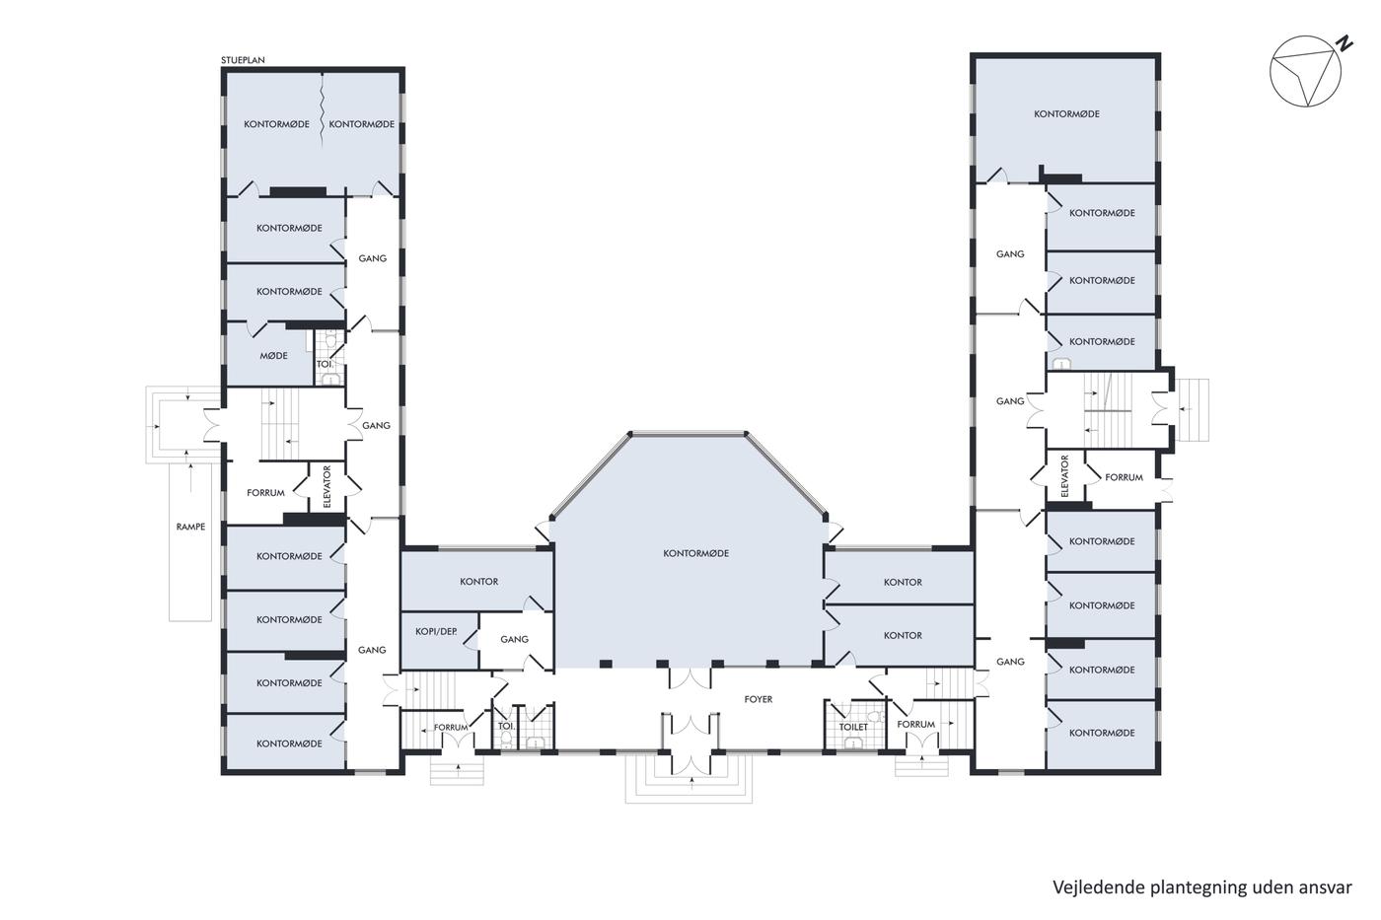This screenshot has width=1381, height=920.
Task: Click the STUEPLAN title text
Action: pyautogui.click(x=243, y=60)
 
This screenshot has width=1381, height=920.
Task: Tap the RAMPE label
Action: pyautogui.click(x=190, y=527)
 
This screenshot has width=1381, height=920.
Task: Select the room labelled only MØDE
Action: pyautogui.click(x=274, y=356)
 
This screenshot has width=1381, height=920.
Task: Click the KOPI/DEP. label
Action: pyautogui.click(x=436, y=632)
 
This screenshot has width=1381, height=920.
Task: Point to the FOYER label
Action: pyautogui.click(x=759, y=699)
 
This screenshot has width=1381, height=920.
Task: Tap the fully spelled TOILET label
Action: pyautogui.click(x=853, y=727)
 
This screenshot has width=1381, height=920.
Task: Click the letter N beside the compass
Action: pyautogui.click(x=1344, y=44)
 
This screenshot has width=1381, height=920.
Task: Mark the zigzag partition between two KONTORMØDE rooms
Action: pyautogui.click(x=322, y=111)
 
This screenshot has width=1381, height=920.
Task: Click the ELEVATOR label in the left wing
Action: pyautogui.click(x=327, y=487)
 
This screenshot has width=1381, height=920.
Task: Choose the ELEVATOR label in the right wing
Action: pyautogui.click(x=1064, y=476)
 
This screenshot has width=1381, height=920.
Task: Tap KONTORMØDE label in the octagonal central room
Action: pyautogui.click(x=696, y=553)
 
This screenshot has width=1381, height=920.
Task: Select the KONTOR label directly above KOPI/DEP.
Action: pyautogui.click(x=479, y=582)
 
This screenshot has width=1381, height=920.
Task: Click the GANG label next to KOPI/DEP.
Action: pyautogui.click(x=514, y=640)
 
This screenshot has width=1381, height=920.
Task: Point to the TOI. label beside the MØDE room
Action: pyautogui.click(x=325, y=364)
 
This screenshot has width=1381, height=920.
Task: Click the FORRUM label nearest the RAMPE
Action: pyautogui.click(x=265, y=493)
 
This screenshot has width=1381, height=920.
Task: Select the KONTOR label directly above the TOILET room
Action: pyautogui.click(x=903, y=635)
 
